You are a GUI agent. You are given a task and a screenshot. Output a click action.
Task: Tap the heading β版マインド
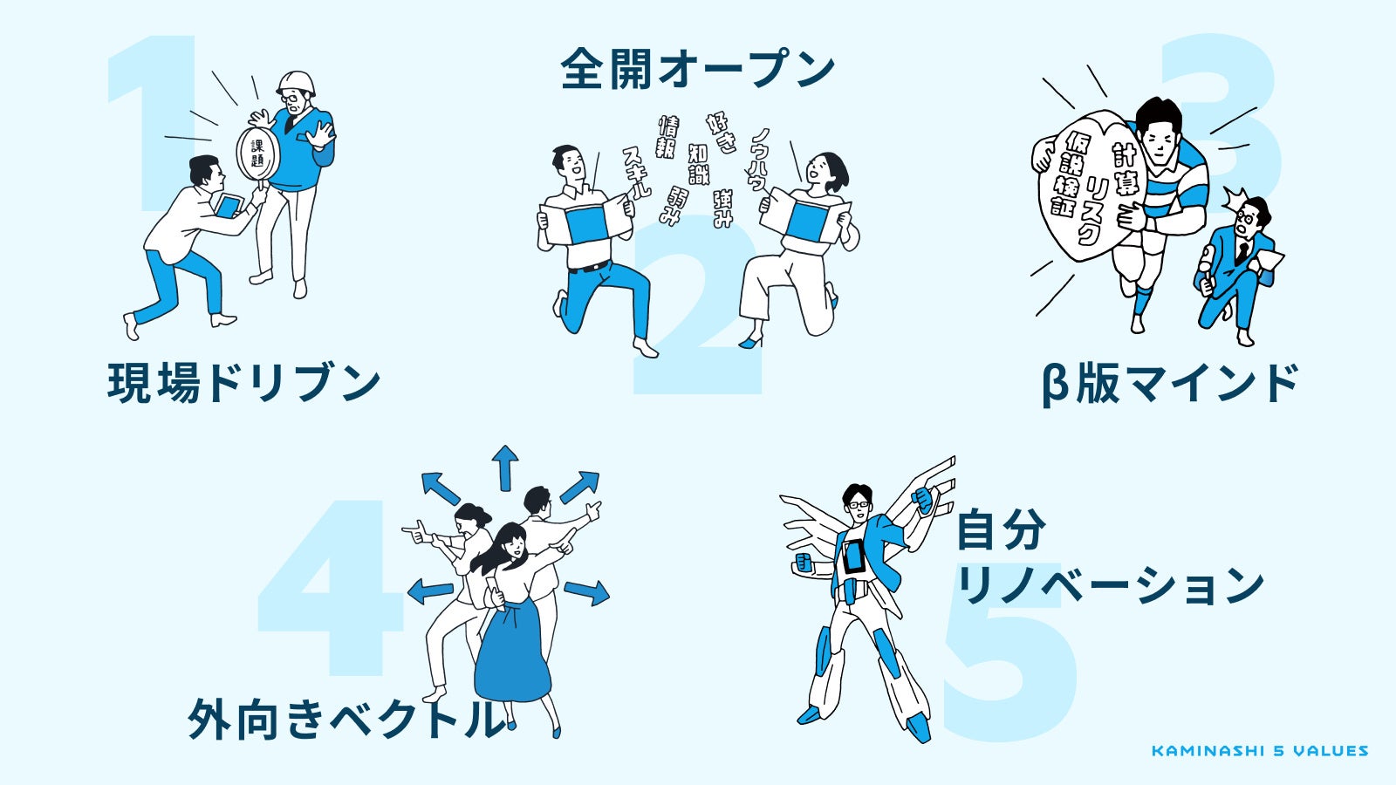pos(1169,384)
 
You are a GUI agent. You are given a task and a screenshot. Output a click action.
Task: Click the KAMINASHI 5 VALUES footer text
pos(1259,751)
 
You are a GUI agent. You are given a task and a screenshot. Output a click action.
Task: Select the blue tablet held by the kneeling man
pos(228,207)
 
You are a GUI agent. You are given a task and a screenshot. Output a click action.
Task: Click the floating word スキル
pos(636,172)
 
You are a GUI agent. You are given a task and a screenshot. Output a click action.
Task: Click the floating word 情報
pos(667,137)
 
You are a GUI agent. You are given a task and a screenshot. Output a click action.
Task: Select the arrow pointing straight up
pos(504,467)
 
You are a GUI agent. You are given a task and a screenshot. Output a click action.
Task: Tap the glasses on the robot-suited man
pos(858,503)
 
